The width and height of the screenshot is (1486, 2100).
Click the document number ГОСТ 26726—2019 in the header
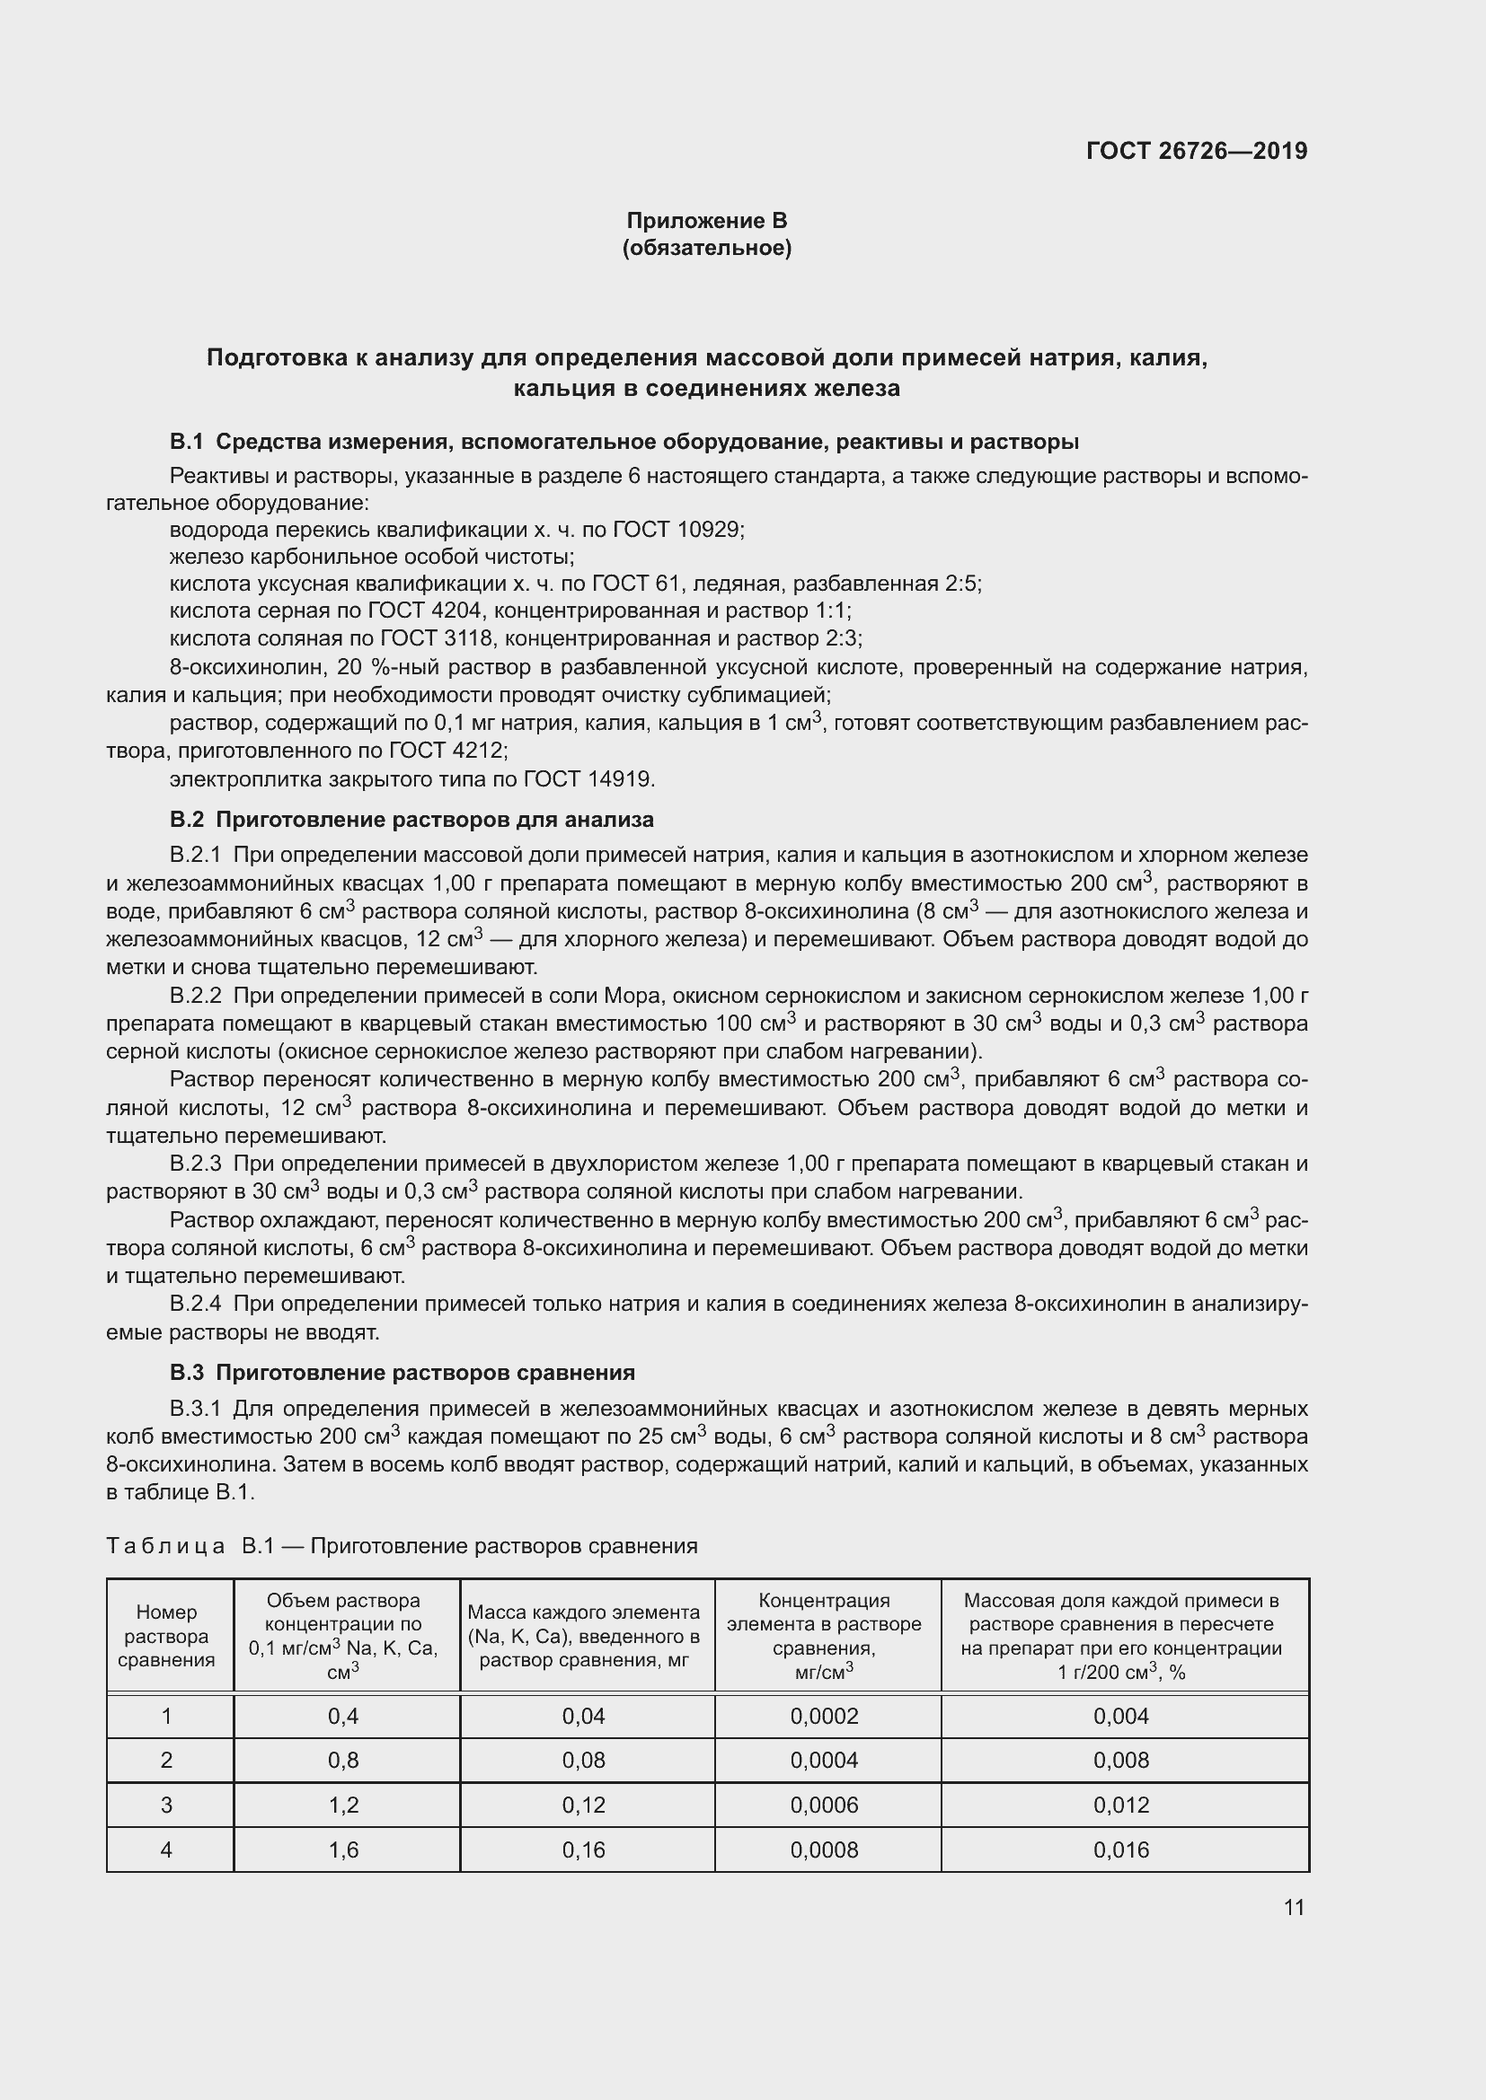point(1196,151)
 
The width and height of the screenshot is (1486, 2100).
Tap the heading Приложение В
point(706,221)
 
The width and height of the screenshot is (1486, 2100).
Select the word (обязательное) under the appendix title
point(706,248)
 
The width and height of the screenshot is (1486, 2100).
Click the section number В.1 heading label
point(187,442)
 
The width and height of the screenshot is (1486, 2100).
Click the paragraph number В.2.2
point(195,995)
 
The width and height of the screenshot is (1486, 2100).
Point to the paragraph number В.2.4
point(195,1304)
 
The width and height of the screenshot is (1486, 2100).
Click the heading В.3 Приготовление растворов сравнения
point(402,1373)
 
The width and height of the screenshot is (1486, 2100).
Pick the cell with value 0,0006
point(824,1805)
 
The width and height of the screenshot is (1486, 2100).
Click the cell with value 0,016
point(1121,1850)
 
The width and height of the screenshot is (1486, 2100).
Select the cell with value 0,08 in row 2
point(584,1761)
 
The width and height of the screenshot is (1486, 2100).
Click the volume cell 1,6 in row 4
point(343,1850)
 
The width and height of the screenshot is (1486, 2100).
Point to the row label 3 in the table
point(166,1805)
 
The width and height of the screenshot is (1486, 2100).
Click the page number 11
point(1293,1907)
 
